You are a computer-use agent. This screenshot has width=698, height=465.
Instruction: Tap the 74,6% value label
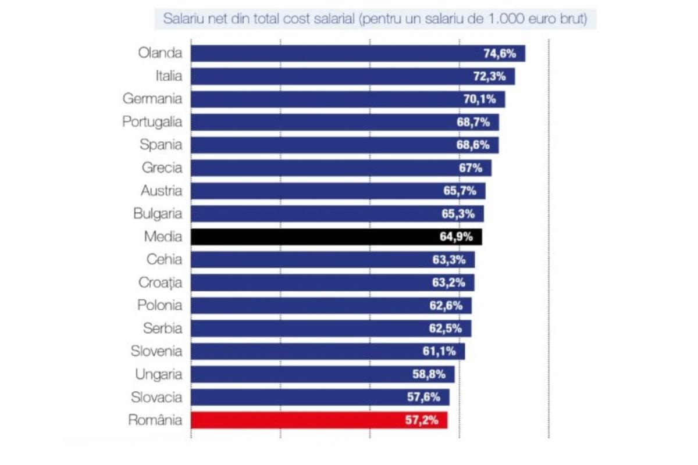[500, 53]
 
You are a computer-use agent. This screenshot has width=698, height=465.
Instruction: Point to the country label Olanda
[160, 53]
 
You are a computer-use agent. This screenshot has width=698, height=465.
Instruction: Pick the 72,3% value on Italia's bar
[489, 76]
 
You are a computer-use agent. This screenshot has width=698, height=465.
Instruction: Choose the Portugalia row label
[152, 122]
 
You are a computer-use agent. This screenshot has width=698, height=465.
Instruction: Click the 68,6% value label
[473, 145]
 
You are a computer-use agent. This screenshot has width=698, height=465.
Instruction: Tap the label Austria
[161, 191]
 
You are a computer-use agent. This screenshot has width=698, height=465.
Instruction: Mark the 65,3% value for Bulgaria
[458, 214]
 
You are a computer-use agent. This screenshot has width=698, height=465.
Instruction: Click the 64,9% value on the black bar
[456, 237]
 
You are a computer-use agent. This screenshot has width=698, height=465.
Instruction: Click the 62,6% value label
[446, 305]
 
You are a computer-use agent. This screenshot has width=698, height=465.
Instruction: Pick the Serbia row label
[162, 328]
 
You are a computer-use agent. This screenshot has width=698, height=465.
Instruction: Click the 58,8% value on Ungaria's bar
[429, 374]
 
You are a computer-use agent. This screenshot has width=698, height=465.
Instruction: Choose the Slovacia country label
[156, 398]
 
